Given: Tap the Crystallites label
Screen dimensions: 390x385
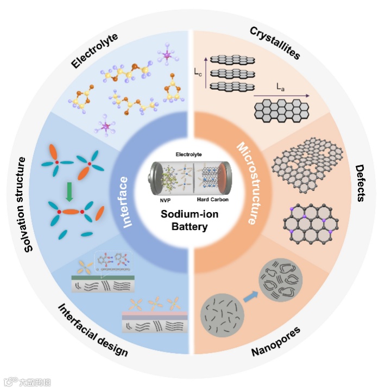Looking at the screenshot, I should click(x=275, y=43).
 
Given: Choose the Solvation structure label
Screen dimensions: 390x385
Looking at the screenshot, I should click(x=21, y=204).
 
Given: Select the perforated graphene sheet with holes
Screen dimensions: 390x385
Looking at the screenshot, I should click(x=306, y=163).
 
